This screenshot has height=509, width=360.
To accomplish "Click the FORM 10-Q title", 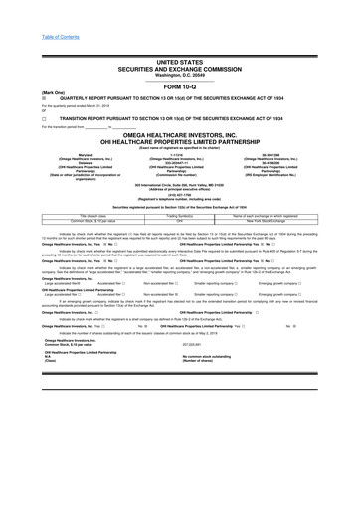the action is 179,84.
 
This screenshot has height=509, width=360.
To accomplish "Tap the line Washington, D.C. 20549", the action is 179,74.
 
